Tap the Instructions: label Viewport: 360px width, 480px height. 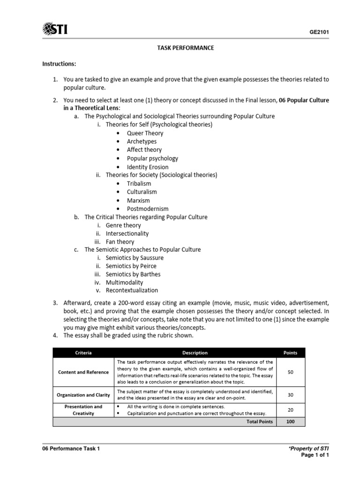point(59,63)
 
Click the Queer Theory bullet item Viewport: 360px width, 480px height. point(145,133)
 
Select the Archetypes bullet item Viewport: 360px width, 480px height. point(142,142)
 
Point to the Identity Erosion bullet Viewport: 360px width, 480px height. point(148,167)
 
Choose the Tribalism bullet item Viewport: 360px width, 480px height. point(139,184)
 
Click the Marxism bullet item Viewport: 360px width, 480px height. point(138,201)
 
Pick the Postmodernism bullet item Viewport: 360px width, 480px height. point(148,209)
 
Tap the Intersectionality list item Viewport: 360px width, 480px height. point(127,233)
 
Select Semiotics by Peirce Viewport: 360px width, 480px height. point(131,266)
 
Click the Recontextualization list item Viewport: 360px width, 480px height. point(132,290)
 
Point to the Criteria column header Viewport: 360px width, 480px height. point(83,353)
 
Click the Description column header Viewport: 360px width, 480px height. point(195,353)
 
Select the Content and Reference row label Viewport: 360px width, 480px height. point(83,372)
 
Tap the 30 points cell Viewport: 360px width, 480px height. point(290,395)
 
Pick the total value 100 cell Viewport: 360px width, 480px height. point(290,422)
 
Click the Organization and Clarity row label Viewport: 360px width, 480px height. point(83,395)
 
